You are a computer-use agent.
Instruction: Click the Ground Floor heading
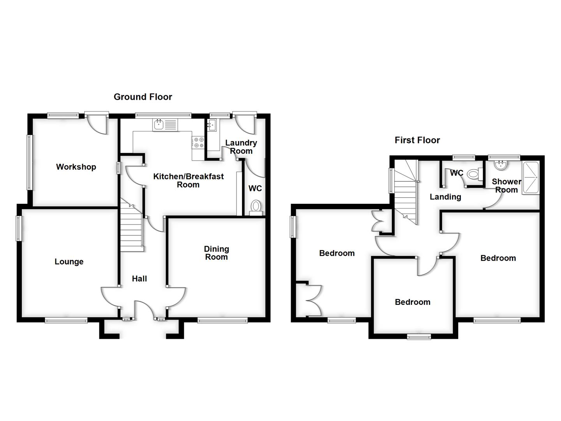(x=143, y=97)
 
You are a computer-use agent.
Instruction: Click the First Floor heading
(x=417, y=140)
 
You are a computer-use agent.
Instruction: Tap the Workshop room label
(x=76, y=167)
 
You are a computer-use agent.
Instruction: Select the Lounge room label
(x=69, y=262)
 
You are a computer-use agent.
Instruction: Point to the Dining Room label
(x=216, y=253)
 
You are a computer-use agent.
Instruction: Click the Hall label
(x=139, y=278)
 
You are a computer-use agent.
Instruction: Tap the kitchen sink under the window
(x=165, y=125)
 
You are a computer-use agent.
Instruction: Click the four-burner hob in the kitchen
(x=198, y=143)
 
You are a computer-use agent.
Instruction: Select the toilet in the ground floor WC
(x=256, y=207)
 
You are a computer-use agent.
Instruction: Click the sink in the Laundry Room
(x=212, y=125)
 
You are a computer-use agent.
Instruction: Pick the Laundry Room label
(x=241, y=147)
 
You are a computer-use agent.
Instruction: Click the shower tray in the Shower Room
(x=530, y=178)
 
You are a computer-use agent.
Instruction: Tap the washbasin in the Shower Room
(x=500, y=165)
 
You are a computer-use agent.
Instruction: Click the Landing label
(x=445, y=197)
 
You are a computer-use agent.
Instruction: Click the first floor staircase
(x=406, y=191)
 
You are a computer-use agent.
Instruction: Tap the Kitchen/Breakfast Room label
(x=188, y=180)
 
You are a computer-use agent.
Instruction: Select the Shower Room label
(x=506, y=186)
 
